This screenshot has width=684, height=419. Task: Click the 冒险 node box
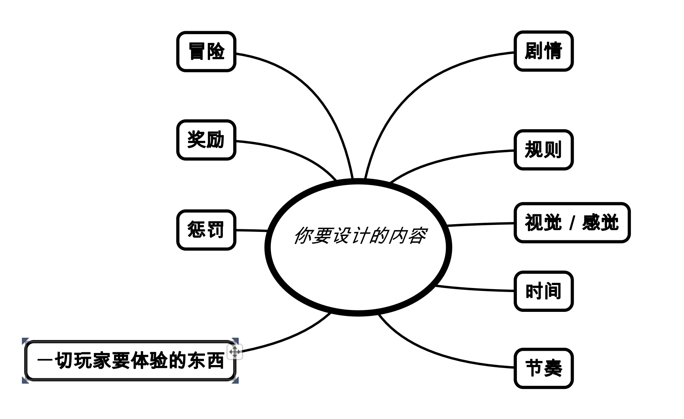206,51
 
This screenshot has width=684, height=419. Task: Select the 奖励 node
206,140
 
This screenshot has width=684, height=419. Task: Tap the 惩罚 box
206,230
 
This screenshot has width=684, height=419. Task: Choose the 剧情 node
543,51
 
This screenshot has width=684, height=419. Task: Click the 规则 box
543,150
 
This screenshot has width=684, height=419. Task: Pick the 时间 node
543,291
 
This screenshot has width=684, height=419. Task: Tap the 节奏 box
543,368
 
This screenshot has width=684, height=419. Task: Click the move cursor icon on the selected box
235,352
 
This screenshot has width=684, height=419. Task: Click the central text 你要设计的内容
359,236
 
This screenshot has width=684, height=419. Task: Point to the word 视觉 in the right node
543,223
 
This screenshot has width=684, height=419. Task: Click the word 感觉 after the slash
600,223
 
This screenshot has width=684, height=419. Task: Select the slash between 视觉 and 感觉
572,223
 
